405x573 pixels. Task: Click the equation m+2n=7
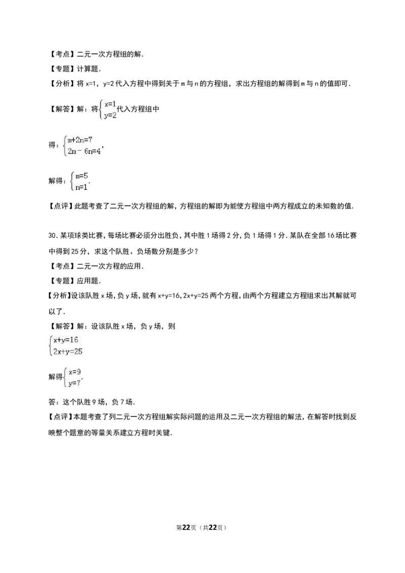(x=79, y=140)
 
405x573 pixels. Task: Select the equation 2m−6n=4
(x=84, y=151)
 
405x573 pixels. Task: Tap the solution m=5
(x=82, y=176)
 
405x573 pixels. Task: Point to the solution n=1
(x=81, y=187)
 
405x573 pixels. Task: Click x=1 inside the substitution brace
(x=110, y=104)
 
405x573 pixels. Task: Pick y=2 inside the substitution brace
(x=110, y=115)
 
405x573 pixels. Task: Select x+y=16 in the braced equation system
(x=66, y=340)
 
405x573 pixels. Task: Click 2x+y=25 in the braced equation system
(x=68, y=352)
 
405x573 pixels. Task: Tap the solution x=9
(x=74, y=372)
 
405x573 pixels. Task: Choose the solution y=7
(x=74, y=383)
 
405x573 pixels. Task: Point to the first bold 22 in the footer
(x=186, y=527)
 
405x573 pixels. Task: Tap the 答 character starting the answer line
(x=52, y=402)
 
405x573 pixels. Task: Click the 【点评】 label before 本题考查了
(x=60, y=417)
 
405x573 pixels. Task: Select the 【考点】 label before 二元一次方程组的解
(x=61, y=54)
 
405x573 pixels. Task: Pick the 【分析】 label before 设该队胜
(x=59, y=295)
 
